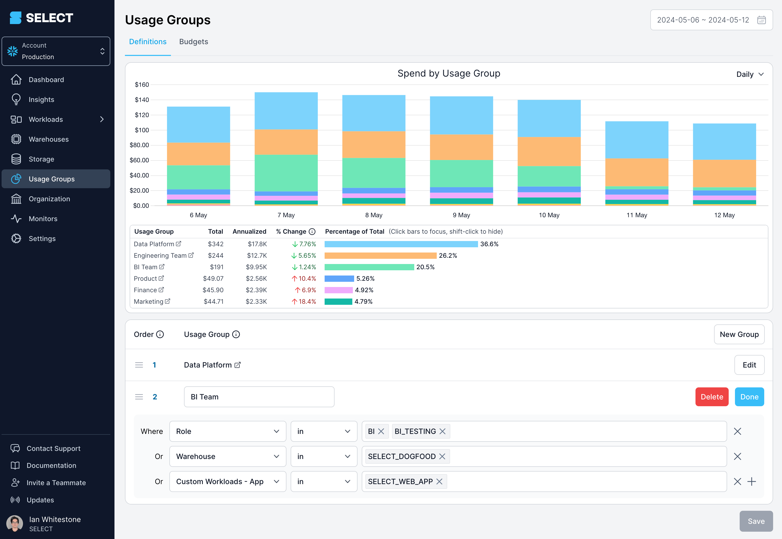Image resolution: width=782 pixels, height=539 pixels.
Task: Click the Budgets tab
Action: coord(193,42)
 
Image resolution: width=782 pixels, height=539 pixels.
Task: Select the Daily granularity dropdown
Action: coord(750,74)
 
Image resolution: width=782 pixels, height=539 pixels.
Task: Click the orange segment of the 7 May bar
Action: coord(286,142)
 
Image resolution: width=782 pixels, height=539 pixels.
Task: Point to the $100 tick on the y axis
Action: coord(142,130)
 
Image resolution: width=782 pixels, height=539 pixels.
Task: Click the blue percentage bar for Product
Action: coord(339,279)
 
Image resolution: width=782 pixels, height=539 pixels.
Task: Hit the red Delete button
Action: coord(711,397)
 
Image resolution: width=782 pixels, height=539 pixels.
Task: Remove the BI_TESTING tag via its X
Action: coord(442,431)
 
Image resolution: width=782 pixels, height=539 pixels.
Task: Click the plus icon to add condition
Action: coord(752,481)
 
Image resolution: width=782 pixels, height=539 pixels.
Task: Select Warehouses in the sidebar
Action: coord(49,139)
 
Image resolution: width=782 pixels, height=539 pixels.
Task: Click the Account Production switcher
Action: coord(56,51)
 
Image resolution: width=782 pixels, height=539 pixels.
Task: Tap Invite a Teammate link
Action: coord(56,483)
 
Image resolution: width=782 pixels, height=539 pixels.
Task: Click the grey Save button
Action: coord(756,521)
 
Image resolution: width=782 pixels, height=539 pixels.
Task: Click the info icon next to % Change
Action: coord(312,232)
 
